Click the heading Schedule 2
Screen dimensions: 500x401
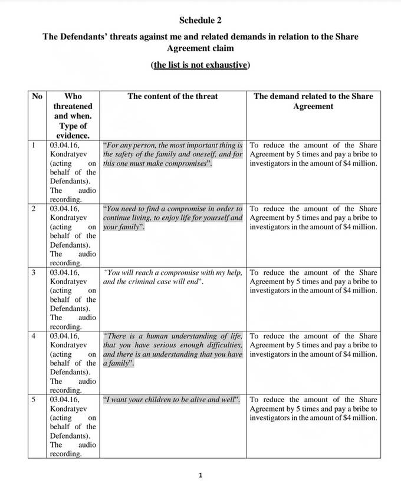coord(200,20)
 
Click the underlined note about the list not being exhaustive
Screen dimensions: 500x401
coord(200,65)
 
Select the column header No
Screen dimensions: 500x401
coord(37,96)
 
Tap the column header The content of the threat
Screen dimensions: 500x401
coord(172,96)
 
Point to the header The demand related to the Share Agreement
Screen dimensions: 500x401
coord(313,101)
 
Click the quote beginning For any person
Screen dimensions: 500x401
coord(172,154)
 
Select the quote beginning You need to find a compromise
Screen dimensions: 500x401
coord(172,218)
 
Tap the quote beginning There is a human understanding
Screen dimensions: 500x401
coord(172,350)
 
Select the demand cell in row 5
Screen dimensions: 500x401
coord(313,409)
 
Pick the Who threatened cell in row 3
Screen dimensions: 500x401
coord(73,300)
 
